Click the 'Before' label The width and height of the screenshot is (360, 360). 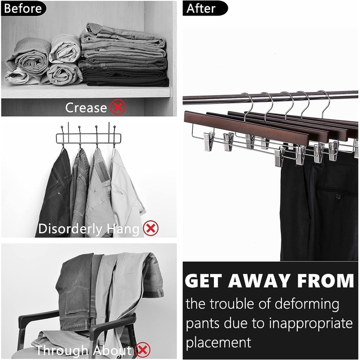point(23,9)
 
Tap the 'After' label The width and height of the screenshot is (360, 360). point(201,9)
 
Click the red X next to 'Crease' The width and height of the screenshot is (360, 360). point(118,107)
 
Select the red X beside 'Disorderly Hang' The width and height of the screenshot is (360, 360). point(151,228)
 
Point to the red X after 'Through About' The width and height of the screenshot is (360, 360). point(143,350)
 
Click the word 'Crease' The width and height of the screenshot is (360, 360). point(86,107)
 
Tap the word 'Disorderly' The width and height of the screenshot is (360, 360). point(70,229)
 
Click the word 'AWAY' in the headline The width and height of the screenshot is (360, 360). point(259,281)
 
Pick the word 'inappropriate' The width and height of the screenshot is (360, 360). point(311,323)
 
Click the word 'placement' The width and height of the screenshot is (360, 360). point(219,343)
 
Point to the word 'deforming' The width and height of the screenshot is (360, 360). point(307,304)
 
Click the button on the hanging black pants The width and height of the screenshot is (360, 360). point(338,196)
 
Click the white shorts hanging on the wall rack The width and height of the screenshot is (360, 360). point(127,193)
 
